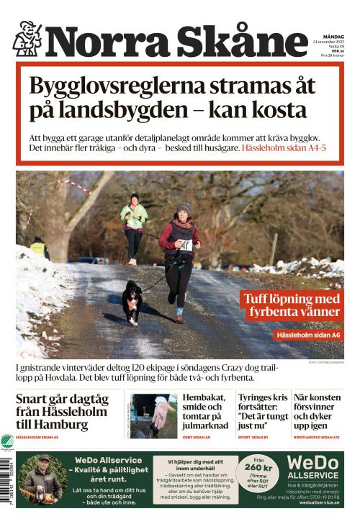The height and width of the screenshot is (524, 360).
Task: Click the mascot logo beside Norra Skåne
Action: tap(27, 39)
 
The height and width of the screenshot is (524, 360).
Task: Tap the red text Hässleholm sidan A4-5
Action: tap(284, 148)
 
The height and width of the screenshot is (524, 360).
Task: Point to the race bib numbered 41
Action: tap(185, 244)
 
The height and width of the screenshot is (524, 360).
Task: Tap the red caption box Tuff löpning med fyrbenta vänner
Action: tap(291, 305)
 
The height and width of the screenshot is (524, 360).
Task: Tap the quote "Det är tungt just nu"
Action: tap(262, 420)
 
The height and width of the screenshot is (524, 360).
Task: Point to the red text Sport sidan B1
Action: tap(253, 437)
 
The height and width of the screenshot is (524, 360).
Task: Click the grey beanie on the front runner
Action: tap(184, 208)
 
